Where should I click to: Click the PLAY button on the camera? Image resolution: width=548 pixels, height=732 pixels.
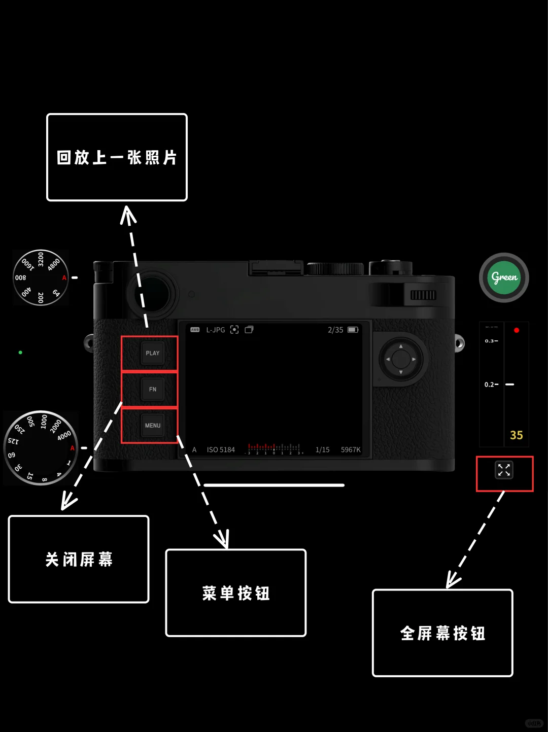152,353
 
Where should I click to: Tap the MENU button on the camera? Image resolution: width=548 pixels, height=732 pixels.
152,425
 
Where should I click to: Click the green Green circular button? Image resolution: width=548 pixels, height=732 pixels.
504,277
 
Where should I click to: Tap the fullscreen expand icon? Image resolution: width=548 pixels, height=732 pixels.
504,470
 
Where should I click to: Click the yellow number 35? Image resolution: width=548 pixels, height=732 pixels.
517,435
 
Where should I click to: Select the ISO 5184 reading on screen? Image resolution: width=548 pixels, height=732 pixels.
221,449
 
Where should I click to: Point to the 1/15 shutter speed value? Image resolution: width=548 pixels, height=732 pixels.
322,449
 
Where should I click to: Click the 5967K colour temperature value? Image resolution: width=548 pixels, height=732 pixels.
351,449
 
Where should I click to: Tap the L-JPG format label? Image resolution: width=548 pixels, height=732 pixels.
216,330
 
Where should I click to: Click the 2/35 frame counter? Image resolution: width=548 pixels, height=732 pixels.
335,330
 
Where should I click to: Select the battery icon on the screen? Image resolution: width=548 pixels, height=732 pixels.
353,330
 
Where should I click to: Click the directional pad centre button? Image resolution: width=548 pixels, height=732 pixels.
401,359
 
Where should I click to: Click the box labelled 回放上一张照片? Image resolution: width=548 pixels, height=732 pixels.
117,157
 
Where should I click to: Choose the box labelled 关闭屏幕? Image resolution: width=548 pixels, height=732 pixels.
79,559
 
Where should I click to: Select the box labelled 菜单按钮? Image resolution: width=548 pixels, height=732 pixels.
236,592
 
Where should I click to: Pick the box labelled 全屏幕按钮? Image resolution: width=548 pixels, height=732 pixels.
442,633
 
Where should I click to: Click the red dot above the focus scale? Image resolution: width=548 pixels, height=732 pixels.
517,330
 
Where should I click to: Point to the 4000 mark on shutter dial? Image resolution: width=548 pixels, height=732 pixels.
64,436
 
